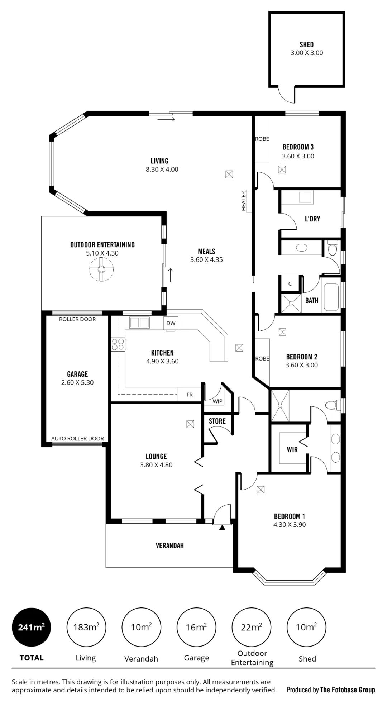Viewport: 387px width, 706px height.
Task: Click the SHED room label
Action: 307,44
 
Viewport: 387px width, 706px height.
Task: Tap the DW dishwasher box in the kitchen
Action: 171,323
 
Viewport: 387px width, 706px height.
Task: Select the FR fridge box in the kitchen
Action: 190,395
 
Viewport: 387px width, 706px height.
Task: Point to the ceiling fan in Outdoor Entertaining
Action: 101,269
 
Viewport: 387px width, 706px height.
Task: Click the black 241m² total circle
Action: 32,627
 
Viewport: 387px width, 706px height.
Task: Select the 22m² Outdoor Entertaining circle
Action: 252,627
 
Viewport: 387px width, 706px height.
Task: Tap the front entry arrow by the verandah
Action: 222,528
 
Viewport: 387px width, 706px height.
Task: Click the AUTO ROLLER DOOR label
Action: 77,438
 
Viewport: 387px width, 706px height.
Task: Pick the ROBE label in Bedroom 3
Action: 262,139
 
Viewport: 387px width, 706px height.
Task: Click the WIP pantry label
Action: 218,401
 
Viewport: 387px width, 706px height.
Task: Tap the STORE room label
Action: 217,421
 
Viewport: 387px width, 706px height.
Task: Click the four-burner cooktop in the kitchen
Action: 119,344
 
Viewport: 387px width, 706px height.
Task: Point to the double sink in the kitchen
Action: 139,323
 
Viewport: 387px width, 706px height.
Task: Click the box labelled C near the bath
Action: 290,283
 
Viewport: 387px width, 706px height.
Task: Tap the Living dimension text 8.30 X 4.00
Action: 162,169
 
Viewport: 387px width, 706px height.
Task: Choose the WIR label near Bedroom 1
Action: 292,449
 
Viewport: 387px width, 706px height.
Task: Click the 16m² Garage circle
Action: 196,627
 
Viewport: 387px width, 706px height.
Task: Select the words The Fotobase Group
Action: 348,690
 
